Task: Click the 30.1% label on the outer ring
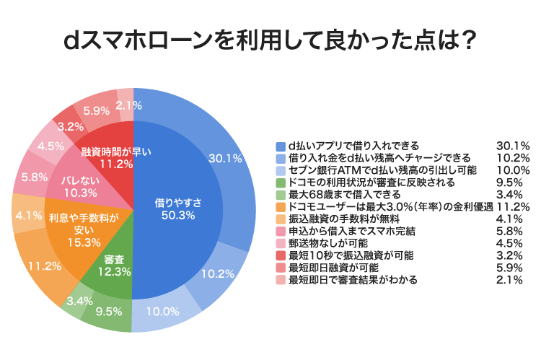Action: click(224, 158)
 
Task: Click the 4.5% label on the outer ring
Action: click(50, 146)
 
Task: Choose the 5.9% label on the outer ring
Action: click(97, 111)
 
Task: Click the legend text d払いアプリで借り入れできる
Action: click(353, 145)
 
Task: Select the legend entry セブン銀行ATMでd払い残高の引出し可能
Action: click(373, 170)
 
